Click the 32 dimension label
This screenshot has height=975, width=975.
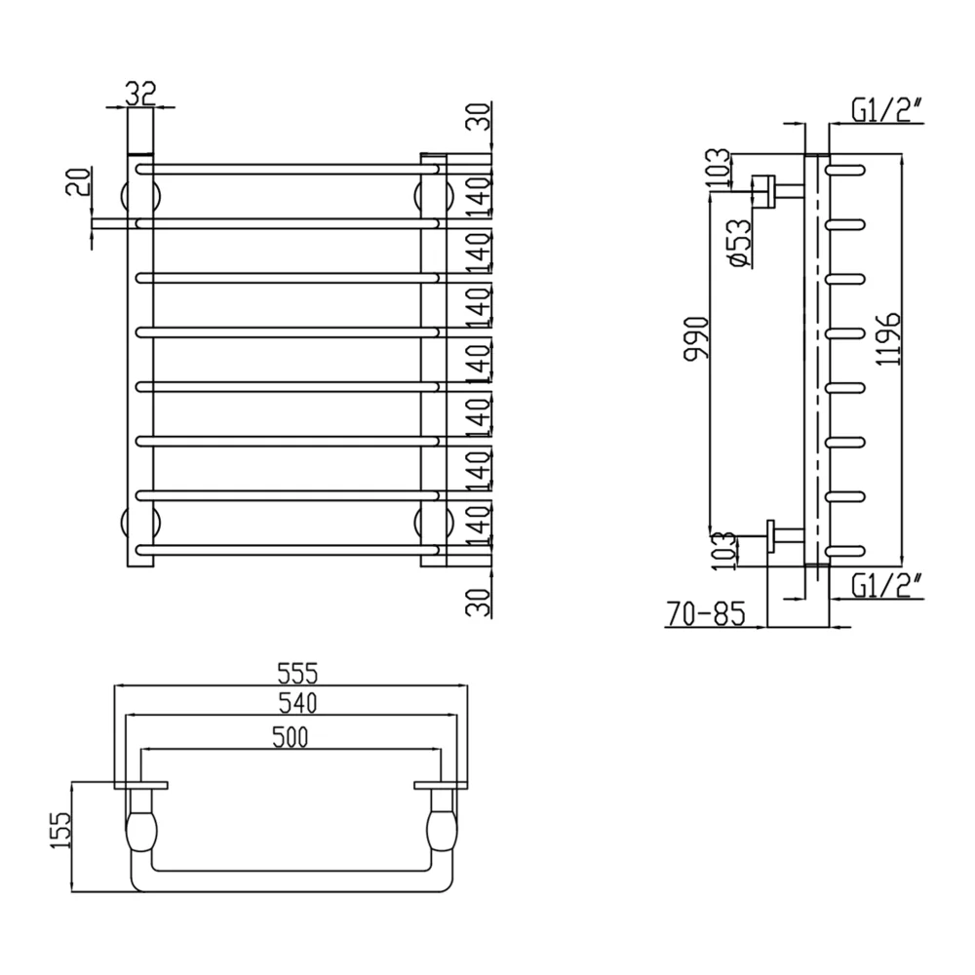point(140,94)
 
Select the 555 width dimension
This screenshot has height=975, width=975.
point(297,673)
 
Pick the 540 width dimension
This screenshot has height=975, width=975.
point(296,703)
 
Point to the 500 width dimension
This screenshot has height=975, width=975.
point(290,737)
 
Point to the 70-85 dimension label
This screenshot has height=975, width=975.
point(706,613)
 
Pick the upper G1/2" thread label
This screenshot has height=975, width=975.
point(886,112)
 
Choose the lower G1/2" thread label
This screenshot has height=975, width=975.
point(886,586)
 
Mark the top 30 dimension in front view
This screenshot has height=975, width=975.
point(479,116)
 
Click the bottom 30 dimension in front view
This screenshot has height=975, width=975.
point(479,602)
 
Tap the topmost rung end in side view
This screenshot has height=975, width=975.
point(845,169)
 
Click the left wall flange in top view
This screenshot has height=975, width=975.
point(141,785)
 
